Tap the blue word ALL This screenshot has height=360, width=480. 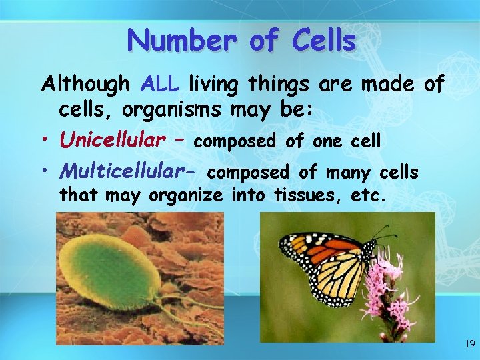click(x=161, y=85)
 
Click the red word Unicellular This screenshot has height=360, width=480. click(x=113, y=140)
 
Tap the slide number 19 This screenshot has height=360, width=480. click(x=469, y=344)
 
